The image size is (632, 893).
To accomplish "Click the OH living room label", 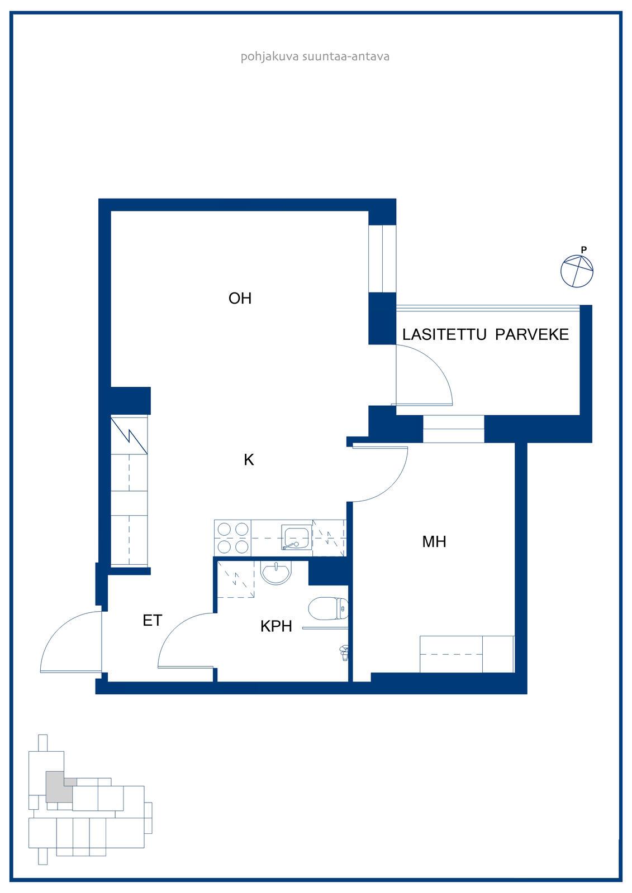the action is point(240,298).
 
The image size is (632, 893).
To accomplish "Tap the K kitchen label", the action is point(249,460).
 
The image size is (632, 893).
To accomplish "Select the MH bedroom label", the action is point(434,541).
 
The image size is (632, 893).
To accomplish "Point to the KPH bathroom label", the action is point(276,626).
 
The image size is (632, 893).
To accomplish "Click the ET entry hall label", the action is point(153,620).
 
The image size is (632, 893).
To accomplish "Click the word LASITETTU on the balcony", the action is point(444,334).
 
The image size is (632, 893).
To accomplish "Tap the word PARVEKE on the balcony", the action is point(532,334).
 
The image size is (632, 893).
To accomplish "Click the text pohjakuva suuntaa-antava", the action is point(315,56).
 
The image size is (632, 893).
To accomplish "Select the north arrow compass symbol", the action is point(577,270).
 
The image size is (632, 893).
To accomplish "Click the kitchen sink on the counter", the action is point(296,537).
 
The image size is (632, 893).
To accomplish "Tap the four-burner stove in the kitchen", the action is point(233,538).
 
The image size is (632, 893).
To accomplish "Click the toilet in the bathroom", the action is point(328,608).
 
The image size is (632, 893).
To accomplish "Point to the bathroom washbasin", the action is point(276,572).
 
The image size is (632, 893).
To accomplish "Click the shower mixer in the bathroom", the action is point(344,653).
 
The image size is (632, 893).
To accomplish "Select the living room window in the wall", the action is point(382,259).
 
